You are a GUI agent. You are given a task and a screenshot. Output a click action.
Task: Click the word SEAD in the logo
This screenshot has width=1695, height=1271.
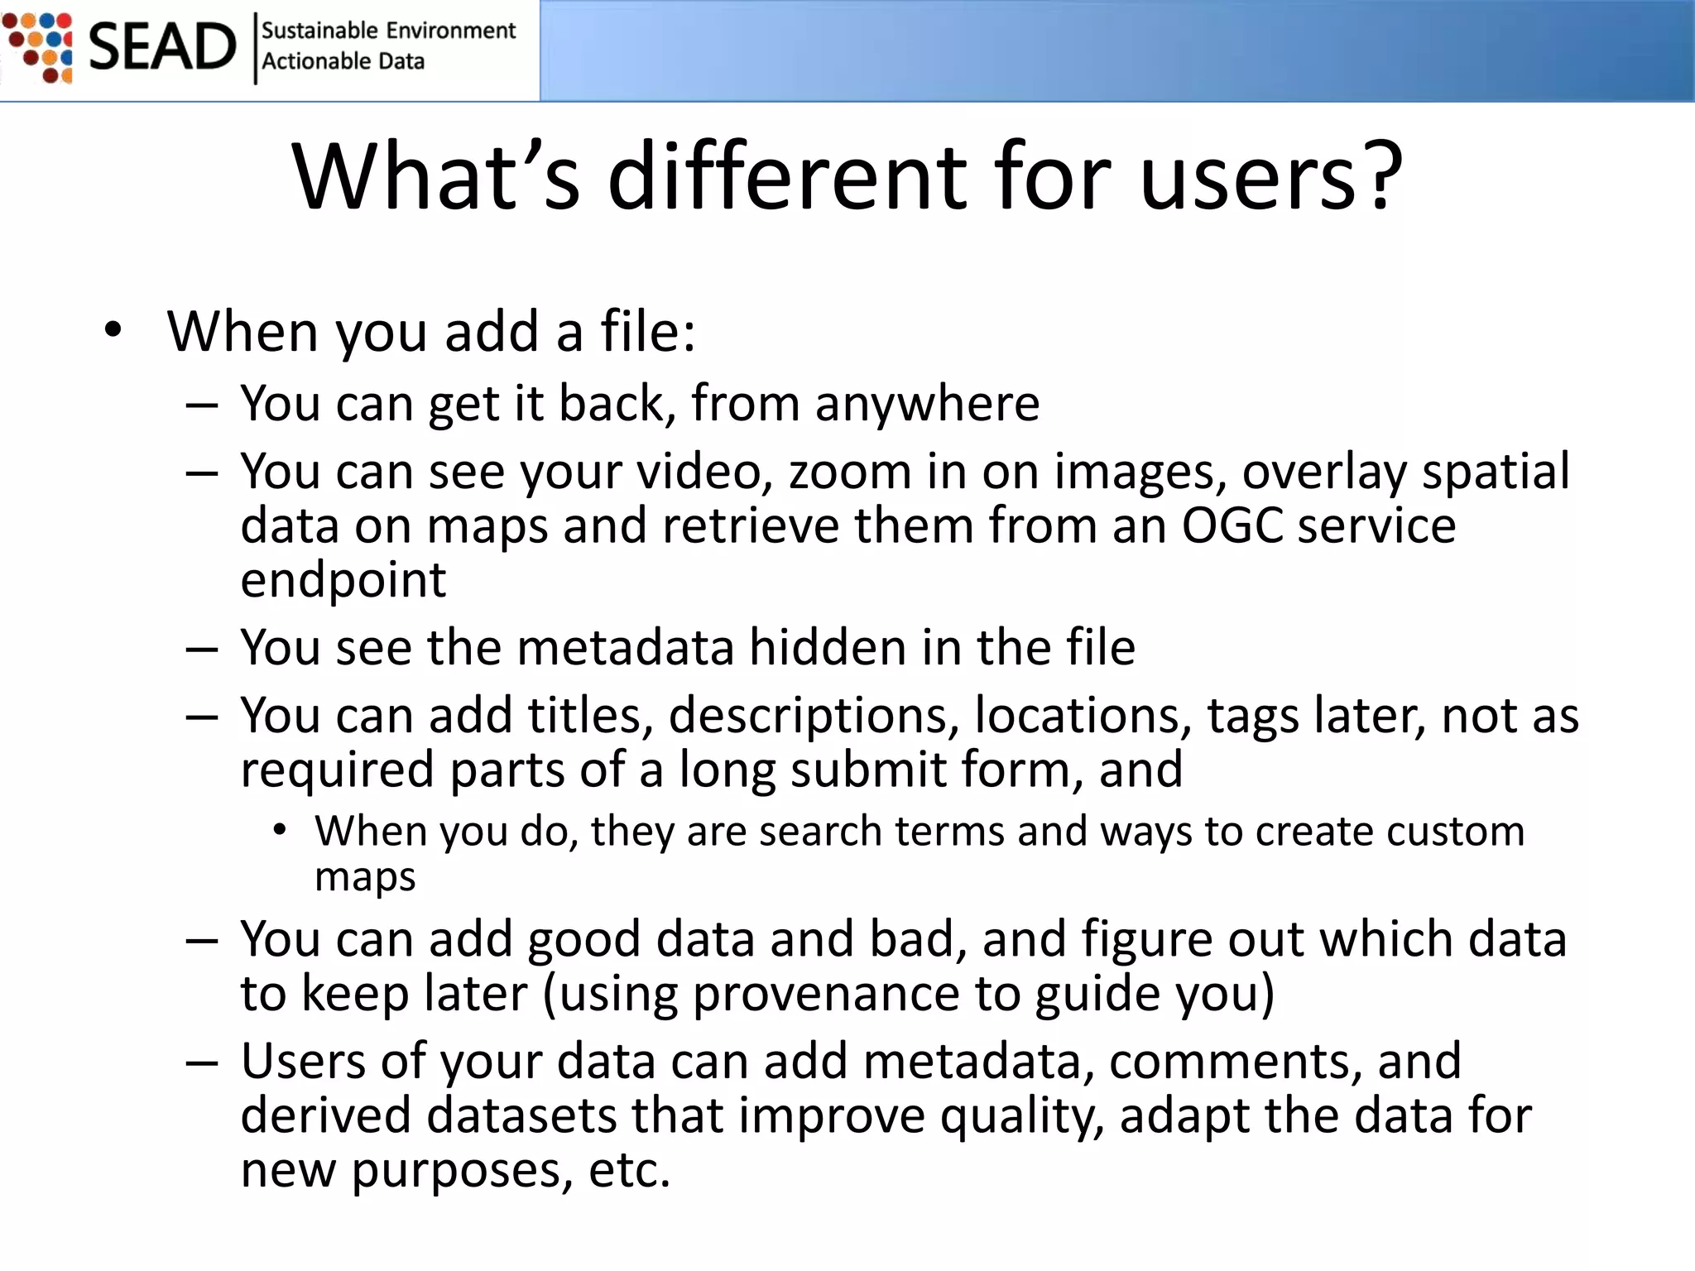pyautogui.click(x=162, y=47)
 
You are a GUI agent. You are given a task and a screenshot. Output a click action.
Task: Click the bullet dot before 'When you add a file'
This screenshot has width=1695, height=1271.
pyautogui.click(x=113, y=331)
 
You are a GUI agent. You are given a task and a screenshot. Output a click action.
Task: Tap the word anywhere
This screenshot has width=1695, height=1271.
pyautogui.click(x=927, y=404)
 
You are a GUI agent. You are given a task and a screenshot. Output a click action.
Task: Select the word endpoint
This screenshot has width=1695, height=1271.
pyautogui.click(x=343, y=580)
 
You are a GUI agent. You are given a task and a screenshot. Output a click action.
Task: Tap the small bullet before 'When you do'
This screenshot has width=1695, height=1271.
pyautogui.click(x=280, y=830)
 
